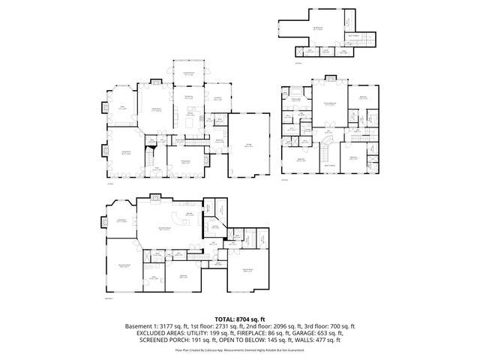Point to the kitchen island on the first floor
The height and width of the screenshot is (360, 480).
click(189, 121)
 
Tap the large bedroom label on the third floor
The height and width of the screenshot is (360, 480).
click(318, 29)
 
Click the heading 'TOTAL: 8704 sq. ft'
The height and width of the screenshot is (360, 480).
click(240, 319)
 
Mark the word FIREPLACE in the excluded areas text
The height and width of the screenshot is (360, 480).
click(240, 333)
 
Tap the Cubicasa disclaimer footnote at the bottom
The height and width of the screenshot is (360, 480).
click(240, 349)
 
